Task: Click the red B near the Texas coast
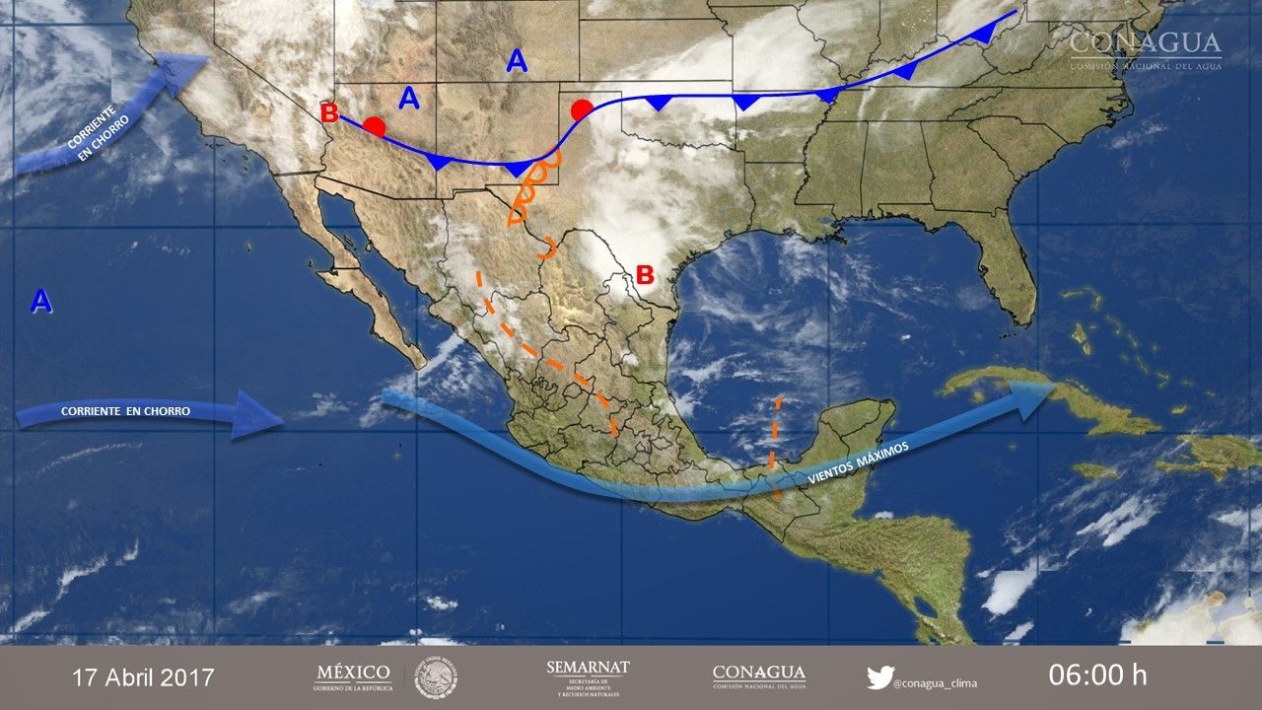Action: [x=645, y=275]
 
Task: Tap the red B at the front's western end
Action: [x=329, y=112]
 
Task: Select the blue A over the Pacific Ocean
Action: [x=40, y=301]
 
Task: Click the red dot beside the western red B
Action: [x=374, y=126]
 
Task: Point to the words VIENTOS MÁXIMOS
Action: [x=857, y=461]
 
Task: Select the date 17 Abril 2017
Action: [x=143, y=677]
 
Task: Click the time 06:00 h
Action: [x=1097, y=675]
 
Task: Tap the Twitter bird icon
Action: [x=879, y=677]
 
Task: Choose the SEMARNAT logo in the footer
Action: [x=588, y=676]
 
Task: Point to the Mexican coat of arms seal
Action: [x=435, y=677]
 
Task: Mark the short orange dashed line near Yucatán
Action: [x=775, y=444]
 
